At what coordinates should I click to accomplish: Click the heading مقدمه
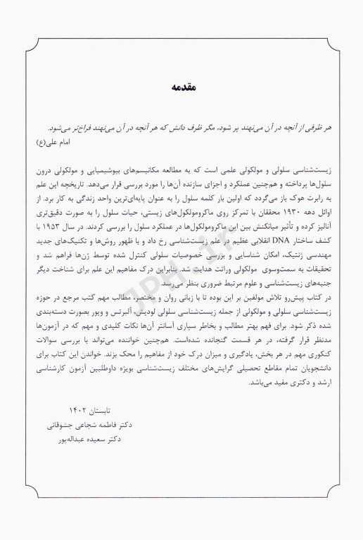click(181, 88)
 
